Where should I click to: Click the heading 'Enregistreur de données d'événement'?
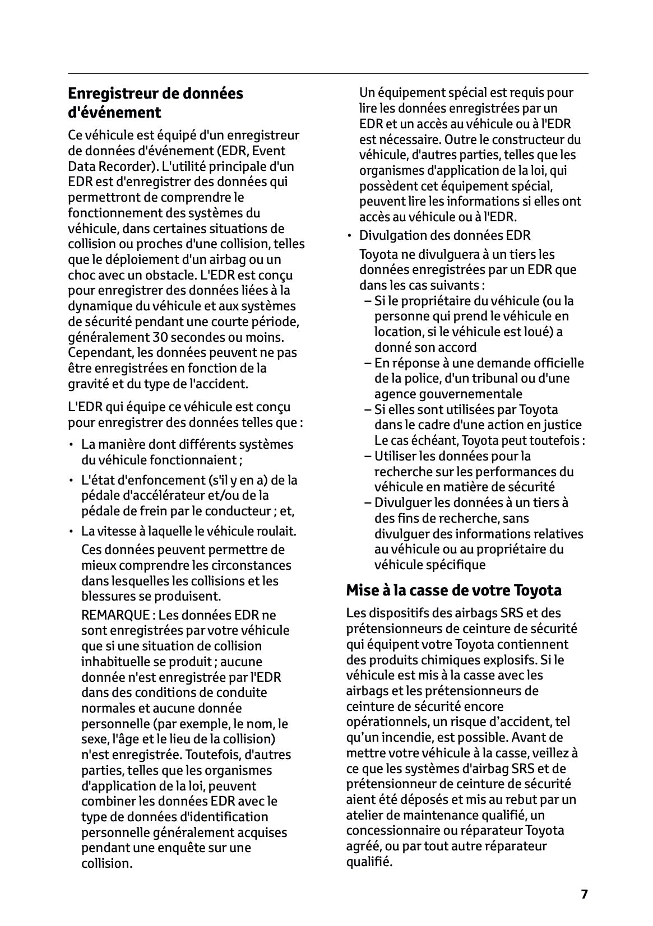point(155,103)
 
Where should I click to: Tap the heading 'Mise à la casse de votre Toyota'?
point(453,590)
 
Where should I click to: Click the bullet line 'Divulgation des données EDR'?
point(444,235)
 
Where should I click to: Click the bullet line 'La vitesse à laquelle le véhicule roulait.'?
point(188,531)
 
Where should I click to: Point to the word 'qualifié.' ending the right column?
point(369,862)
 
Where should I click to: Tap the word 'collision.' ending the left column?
point(106,863)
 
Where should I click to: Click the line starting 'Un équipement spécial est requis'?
point(466,92)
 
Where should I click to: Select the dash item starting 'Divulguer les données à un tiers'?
point(471,502)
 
